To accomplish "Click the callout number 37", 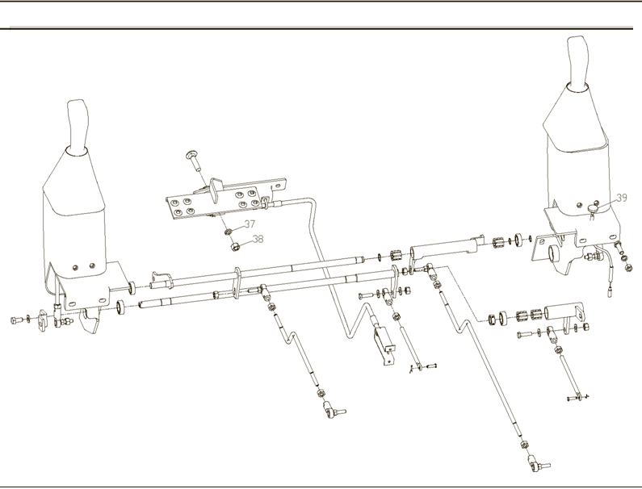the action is [250, 224].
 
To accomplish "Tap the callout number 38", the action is [258, 239].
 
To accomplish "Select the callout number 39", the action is [622, 198].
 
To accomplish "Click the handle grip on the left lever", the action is [78, 126].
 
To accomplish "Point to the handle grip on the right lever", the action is [577, 62].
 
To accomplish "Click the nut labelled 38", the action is [235, 247].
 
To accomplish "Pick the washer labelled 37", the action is [228, 232].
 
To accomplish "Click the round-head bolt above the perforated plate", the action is [194, 160].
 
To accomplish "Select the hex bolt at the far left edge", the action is [17, 320].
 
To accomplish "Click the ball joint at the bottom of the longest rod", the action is [538, 465].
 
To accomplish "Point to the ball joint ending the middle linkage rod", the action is [334, 410].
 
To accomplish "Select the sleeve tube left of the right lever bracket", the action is [444, 248].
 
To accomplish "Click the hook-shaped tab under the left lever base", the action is [89, 320].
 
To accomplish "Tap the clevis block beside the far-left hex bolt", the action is [42, 320].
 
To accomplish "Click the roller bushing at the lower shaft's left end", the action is [121, 307].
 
